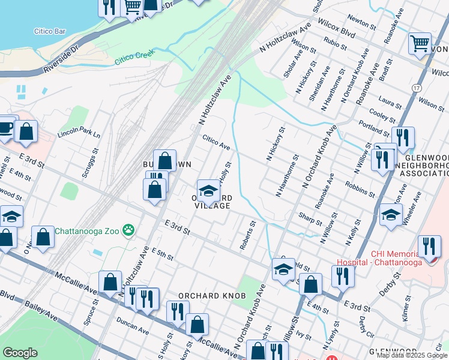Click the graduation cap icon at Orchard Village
point(208,191)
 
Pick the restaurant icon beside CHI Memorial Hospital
point(429,247)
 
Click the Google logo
point(20,352)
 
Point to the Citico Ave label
point(216,142)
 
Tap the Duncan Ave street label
point(134,326)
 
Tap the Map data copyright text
point(412,355)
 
